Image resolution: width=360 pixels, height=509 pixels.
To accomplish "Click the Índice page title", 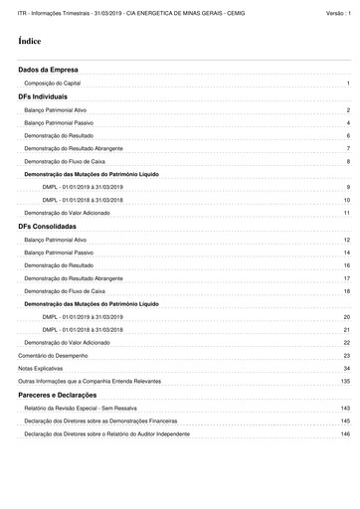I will click(x=30, y=44).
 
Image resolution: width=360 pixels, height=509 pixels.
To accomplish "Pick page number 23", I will click(x=346, y=355).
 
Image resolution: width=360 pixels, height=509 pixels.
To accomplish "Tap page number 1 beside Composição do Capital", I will click(x=348, y=85).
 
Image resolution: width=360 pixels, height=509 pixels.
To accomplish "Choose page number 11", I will click(x=346, y=213).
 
